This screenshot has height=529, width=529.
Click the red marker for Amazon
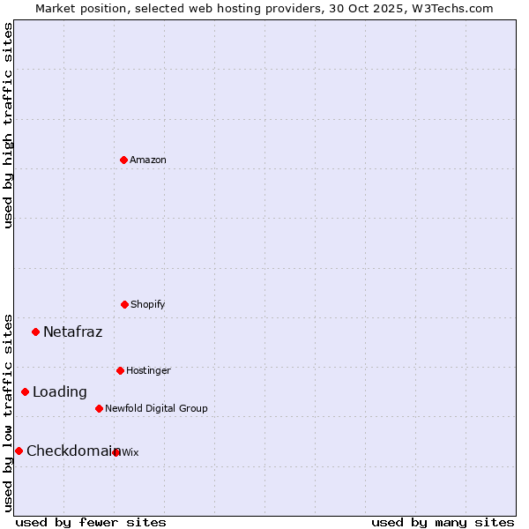tap(124, 160)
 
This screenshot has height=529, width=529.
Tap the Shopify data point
tap(124, 304)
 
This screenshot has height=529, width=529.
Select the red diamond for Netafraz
tap(36, 332)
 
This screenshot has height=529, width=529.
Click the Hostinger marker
tap(120, 370)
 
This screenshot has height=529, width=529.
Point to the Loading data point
tap(26, 391)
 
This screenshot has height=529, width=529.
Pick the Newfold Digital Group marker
tap(99, 408)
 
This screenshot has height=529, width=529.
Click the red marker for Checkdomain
tap(19, 451)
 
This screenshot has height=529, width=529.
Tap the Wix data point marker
tap(116, 452)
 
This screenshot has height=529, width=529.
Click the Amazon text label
tap(148, 160)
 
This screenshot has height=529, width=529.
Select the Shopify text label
tap(148, 304)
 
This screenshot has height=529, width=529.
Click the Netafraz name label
tap(72, 332)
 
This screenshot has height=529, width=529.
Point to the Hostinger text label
tap(148, 370)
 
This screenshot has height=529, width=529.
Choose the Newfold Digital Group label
tap(156, 408)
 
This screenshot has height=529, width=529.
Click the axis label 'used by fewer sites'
tap(91, 522)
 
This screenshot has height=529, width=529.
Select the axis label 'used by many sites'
tap(443, 522)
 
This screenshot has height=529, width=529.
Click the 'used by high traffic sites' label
tap(8, 125)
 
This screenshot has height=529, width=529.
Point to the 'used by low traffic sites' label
tap(8, 412)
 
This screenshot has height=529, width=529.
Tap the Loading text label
tap(60, 391)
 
